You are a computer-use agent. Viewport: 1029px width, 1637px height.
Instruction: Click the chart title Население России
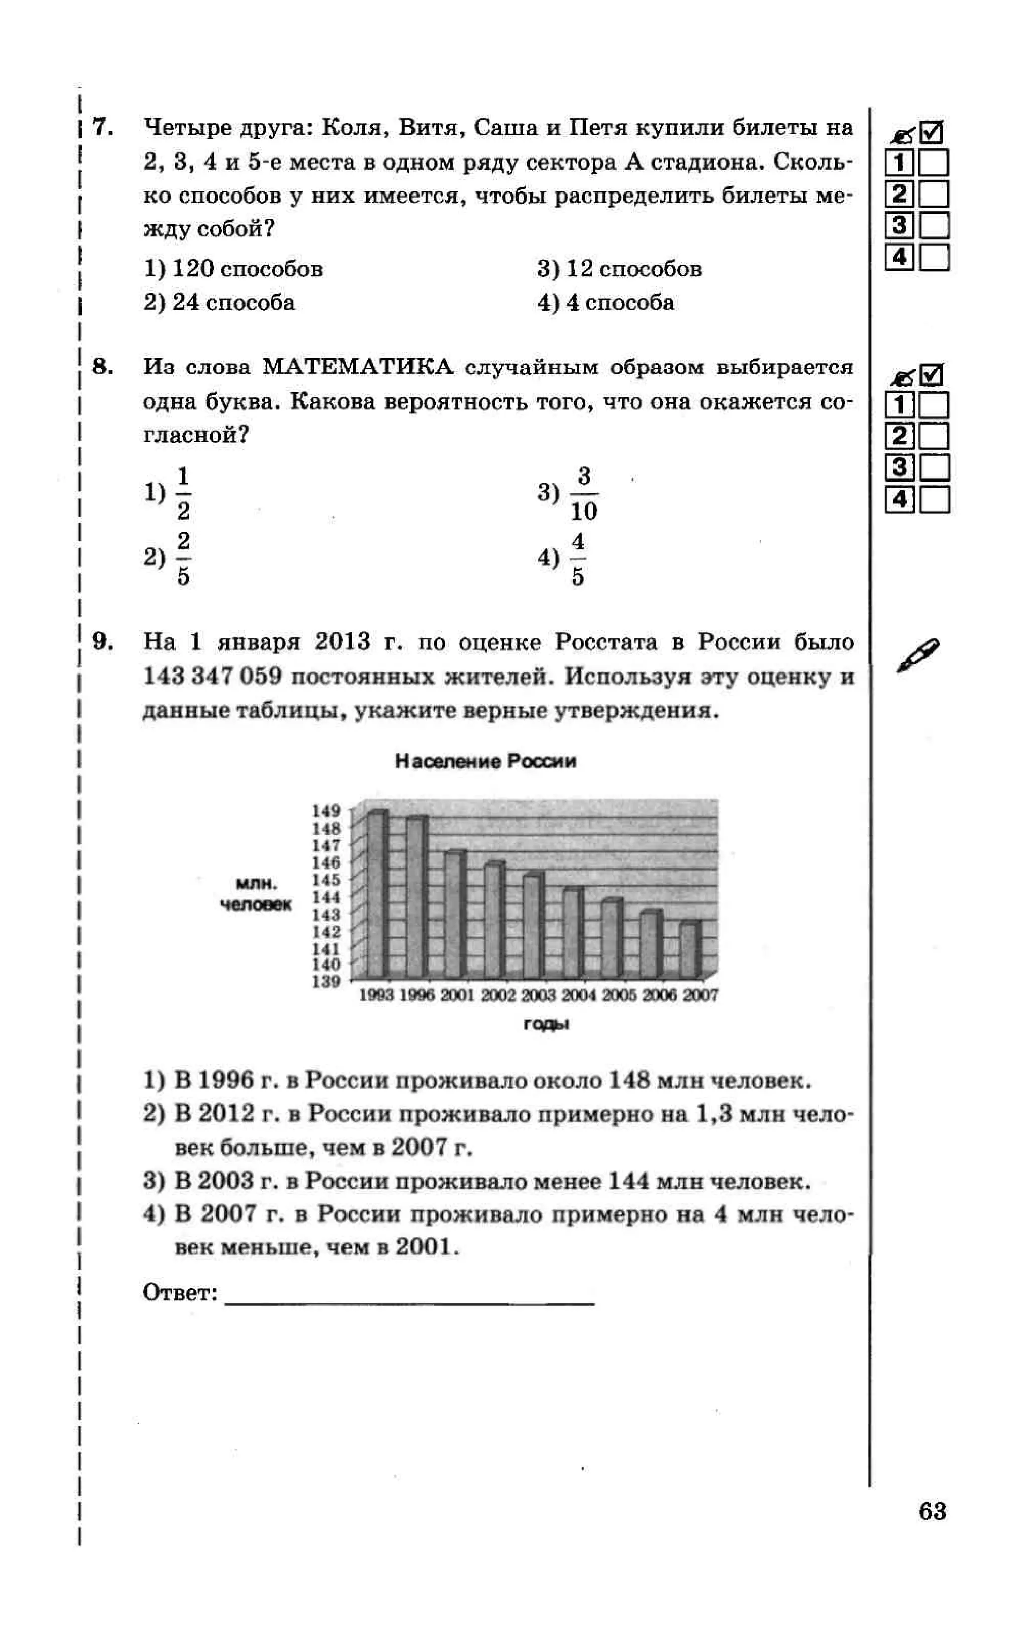[x=485, y=761]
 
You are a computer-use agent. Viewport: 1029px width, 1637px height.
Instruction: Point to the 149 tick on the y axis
[x=326, y=810]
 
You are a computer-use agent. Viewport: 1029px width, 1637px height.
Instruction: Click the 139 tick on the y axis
[x=326, y=981]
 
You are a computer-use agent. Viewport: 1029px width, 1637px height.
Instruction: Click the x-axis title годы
[x=546, y=1024]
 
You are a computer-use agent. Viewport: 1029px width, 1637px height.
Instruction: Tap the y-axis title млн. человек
[x=256, y=894]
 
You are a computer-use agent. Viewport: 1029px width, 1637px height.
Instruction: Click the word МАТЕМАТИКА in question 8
[x=358, y=367]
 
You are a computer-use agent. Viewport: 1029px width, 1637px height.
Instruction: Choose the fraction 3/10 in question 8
[x=583, y=494]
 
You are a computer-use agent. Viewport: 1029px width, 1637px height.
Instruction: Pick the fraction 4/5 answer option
[x=577, y=559]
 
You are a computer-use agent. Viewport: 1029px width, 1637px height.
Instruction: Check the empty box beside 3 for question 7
[x=934, y=225]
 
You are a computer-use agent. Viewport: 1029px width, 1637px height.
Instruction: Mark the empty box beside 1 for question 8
[x=934, y=405]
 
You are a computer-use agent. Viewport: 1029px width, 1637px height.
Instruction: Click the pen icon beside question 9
[x=917, y=655]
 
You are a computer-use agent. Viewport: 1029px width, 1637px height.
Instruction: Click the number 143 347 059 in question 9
[x=212, y=677]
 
